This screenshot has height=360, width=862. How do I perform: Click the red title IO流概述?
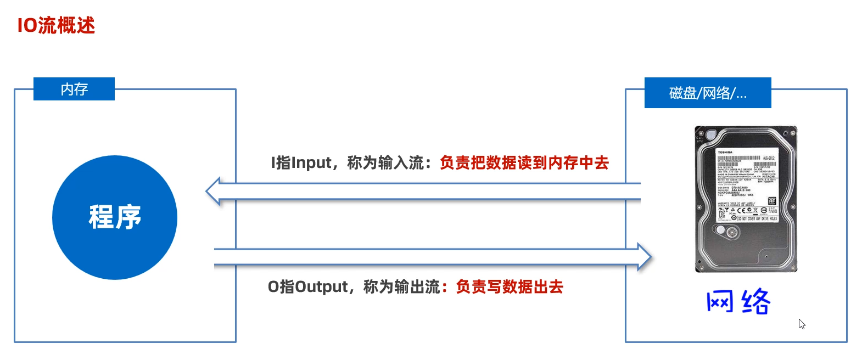[x=56, y=25]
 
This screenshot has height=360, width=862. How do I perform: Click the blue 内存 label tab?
[x=74, y=89]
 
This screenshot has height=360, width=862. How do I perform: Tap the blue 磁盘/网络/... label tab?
[x=708, y=93]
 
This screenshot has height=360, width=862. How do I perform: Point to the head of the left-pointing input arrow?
[x=215, y=191]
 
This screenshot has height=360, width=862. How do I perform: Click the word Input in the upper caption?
[x=311, y=163]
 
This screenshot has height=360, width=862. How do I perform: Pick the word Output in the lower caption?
[x=321, y=287]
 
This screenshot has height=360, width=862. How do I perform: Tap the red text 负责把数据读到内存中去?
[x=524, y=163]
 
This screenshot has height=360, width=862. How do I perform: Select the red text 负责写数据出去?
[x=510, y=287]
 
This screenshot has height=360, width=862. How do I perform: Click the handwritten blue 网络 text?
[x=738, y=301]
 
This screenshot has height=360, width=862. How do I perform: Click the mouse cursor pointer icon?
[x=802, y=324]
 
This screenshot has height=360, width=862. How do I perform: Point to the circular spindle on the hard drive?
[x=731, y=233]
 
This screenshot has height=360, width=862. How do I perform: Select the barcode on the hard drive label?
[x=738, y=158]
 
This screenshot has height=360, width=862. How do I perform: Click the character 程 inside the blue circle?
[x=101, y=217]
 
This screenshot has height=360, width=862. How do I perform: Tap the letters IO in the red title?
[x=27, y=25]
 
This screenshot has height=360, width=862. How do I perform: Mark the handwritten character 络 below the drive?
[x=756, y=301]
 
